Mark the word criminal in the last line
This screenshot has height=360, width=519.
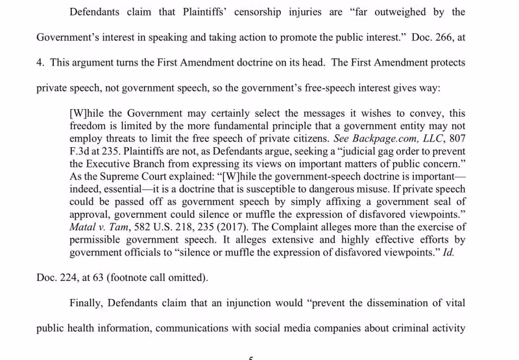405,328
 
